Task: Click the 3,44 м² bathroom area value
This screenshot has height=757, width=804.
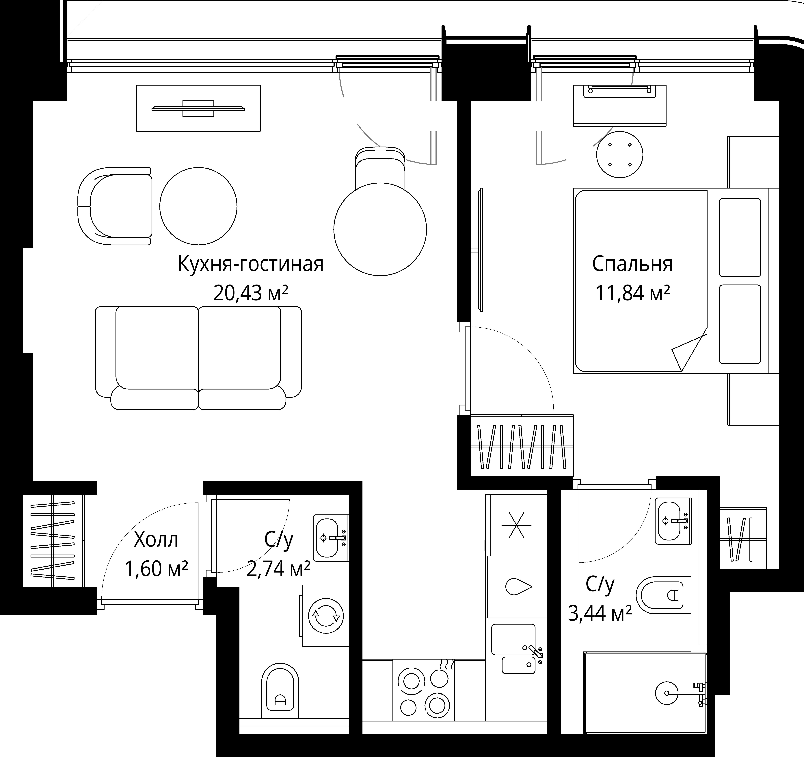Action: point(600,613)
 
